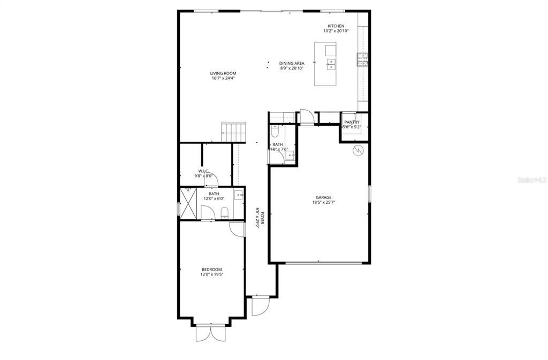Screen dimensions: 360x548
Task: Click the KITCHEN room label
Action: point(336,26)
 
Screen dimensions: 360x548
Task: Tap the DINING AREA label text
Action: point(292,63)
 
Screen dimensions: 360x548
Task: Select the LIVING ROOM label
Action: point(223,73)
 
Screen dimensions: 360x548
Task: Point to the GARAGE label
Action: point(323,197)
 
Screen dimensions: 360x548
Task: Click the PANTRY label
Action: point(352,122)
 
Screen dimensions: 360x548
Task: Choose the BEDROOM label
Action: point(211,270)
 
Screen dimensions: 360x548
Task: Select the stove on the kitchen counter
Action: point(363,59)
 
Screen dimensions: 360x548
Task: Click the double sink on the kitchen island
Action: point(331,65)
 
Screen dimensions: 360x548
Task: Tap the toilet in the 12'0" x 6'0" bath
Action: point(225,212)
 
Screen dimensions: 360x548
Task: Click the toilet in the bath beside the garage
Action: point(275,131)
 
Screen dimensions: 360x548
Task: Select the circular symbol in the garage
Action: point(358,150)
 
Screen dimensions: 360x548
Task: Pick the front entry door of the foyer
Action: point(258,306)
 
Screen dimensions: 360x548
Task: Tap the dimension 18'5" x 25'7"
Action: point(323,202)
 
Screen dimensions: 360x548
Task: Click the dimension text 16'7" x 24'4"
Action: point(223,79)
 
